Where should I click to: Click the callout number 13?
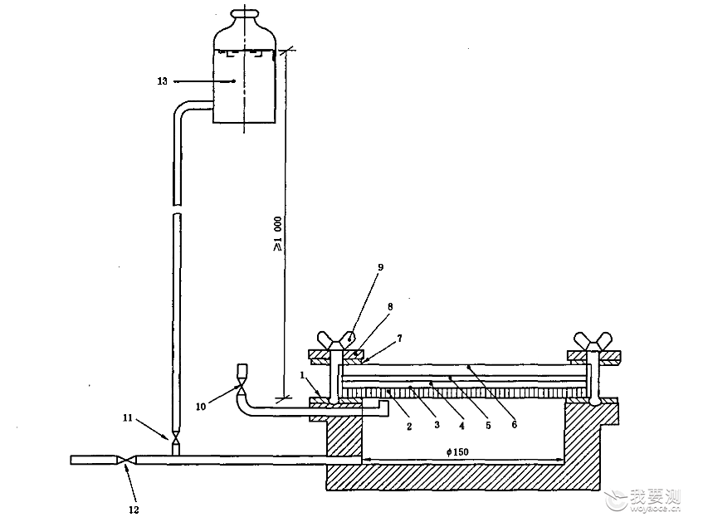point(163,81)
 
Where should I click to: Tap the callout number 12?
point(134,510)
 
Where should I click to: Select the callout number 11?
point(128,418)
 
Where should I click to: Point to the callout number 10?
point(200,407)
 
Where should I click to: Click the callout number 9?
point(381,267)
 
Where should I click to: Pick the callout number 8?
point(390,307)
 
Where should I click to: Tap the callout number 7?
point(399,338)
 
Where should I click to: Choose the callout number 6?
point(515,424)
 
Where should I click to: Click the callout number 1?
point(302,375)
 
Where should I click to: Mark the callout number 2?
point(409,427)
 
